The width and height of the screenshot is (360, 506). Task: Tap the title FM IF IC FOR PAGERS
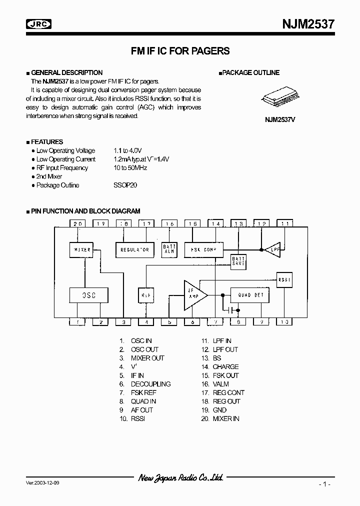tap(180, 51)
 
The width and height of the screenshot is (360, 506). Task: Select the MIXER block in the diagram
tap(82, 249)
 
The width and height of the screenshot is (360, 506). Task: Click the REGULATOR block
tap(135, 249)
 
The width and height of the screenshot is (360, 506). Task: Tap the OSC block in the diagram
tap(88, 295)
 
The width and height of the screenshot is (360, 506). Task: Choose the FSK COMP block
tap(203, 249)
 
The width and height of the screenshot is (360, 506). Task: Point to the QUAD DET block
tap(250, 295)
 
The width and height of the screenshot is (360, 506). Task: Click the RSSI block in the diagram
tap(284, 279)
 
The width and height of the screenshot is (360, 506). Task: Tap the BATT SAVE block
tap(238, 261)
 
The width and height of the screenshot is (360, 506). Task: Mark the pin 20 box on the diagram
tap(77, 224)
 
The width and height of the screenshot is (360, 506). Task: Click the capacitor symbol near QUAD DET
tap(230, 310)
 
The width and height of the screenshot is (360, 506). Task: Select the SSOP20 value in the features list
tap(125, 185)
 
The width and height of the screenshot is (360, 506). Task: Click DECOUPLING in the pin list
tap(150, 384)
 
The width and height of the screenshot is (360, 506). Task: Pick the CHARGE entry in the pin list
tap(225, 366)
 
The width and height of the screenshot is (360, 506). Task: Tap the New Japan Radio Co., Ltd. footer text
tap(180, 478)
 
